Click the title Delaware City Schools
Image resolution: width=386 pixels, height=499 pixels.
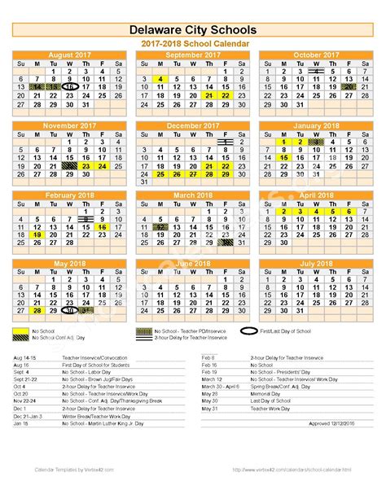pos(193,30)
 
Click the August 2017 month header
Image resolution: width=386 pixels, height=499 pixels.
pos(69,55)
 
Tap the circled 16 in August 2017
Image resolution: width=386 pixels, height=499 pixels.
pos(69,86)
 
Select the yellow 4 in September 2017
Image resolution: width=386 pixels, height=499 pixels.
pos(161,79)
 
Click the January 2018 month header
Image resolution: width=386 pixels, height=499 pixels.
pos(316,125)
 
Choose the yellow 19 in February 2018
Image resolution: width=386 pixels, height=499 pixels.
pos(37,234)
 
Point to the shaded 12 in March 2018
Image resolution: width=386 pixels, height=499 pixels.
pos(161,227)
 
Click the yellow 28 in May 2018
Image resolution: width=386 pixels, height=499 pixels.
pos(37,311)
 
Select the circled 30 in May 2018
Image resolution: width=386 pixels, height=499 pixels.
pos(69,311)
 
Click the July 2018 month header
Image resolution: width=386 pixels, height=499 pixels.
pos(316,264)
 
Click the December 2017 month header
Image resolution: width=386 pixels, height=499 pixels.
pos(193,125)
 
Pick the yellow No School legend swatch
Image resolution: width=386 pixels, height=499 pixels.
pos(22,331)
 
